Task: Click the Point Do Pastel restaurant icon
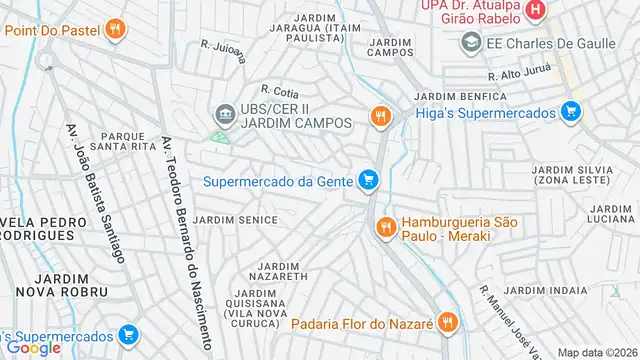point(116,30)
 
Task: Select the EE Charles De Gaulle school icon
point(470,43)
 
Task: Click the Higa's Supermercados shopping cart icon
point(570,112)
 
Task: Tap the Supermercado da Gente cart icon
point(369,181)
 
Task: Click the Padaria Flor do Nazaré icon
point(447,323)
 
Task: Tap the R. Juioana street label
point(222,51)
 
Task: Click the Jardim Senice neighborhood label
point(235,219)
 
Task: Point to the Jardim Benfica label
point(448,96)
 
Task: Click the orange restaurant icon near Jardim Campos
point(379,117)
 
